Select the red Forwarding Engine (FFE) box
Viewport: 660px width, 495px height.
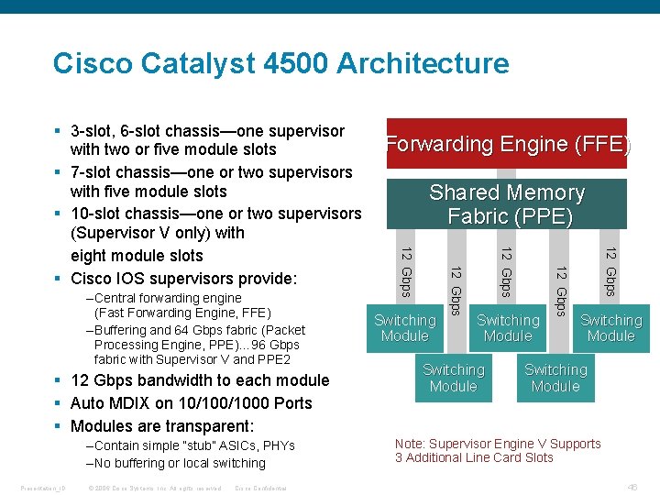(x=507, y=144)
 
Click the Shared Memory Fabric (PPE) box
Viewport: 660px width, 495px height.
(x=507, y=204)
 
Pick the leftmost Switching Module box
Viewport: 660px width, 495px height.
(x=404, y=328)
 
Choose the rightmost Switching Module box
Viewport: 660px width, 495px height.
(x=610, y=328)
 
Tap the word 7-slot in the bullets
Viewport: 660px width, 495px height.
(x=93, y=172)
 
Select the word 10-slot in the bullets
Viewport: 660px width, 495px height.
(x=97, y=214)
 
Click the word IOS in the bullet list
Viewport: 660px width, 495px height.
(x=130, y=279)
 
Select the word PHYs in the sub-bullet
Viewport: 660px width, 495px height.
(x=279, y=445)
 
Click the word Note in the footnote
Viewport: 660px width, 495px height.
(x=410, y=444)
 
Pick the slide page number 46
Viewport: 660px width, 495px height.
(x=632, y=488)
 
